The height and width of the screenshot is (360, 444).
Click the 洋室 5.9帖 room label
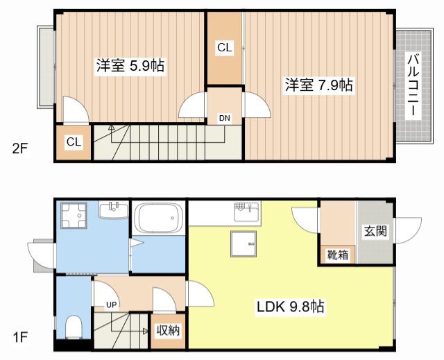pyautogui.click(x=130, y=67)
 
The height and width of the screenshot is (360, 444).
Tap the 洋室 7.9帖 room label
pyautogui.click(x=318, y=85)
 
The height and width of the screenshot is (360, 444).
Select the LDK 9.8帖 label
pyautogui.click(x=291, y=306)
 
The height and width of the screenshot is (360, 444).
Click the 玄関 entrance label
pyautogui.click(x=375, y=231)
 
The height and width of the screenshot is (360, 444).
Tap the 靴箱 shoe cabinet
pyautogui.click(x=338, y=254)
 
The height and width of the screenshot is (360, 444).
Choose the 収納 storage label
pyautogui.click(x=168, y=330)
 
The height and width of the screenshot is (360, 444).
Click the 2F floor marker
pyautogui.click(x=19, y=147)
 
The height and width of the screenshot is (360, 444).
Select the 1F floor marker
pyautogui.click(x=19, y=338)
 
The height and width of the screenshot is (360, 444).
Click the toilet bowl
pyautogui.click(x=73, y=325)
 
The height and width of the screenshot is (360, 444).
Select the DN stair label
pyautogui.click(x=225, y=118)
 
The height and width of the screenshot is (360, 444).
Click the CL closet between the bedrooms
pyautogui.click(x=225, y=48)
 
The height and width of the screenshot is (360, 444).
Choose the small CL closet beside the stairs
pyautogui.click(x=74, y=142)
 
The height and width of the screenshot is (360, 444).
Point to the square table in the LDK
pyautogui.click(x=244, y=244)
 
